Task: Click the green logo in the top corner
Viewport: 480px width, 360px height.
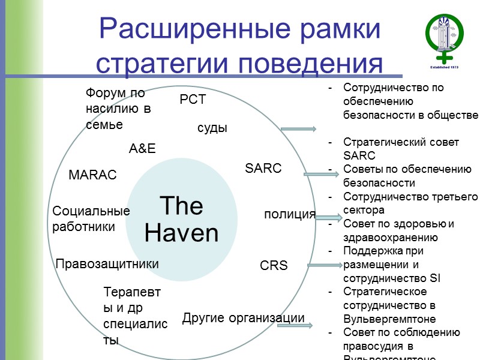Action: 445,39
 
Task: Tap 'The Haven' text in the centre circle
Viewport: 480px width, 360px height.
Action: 182,220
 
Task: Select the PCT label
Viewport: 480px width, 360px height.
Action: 193,100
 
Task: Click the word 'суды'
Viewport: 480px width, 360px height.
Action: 212,128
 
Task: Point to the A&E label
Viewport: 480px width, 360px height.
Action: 142,149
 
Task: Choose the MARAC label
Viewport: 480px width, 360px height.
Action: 92,175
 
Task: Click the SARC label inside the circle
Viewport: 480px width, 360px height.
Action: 263,169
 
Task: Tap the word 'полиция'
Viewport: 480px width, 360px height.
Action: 290,214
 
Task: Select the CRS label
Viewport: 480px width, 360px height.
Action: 274,265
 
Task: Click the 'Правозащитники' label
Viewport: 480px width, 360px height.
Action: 107,264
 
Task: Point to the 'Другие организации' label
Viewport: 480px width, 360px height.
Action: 243,317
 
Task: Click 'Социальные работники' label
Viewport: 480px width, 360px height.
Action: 91,219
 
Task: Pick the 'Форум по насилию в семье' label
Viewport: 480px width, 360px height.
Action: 118,109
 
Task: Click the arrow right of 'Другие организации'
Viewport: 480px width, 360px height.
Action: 312,326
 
